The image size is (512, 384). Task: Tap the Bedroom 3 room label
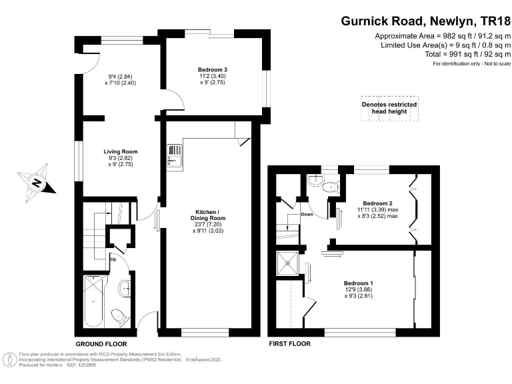click(213, 69)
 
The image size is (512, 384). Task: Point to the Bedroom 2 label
click(377, 203)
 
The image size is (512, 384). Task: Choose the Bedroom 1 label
click(358, 283)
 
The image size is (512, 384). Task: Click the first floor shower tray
click(288, 263)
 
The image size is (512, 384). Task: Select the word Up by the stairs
click(113, 259)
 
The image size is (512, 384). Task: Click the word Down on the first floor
click(307, 215)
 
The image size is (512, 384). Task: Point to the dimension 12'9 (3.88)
click(358, 291)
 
